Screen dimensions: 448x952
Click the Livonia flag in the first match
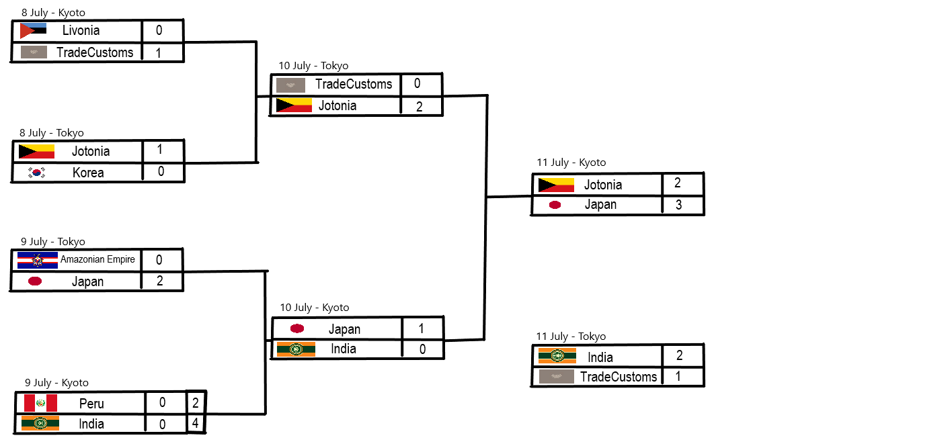click(33, 31)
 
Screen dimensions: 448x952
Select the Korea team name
click(88, 173)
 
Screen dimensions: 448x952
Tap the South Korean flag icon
click(36, 173)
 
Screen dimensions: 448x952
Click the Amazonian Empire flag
click(38, 260)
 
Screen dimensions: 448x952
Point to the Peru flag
click(40, 403)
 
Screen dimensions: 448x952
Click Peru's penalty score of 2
click(196, 403)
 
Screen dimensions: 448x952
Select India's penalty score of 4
click(196, 424)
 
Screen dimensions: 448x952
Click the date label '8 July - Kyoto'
click(53, 13)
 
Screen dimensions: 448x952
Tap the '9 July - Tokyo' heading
click(53, 242)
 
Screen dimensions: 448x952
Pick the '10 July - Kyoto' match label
click(315, 308)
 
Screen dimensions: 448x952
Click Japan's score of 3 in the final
click(678, 205)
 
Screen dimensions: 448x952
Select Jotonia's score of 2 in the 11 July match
click(678, 183)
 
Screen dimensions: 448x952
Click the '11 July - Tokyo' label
click(571, 337)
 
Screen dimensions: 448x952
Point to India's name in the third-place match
click(600, 357)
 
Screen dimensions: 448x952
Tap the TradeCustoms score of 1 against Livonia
click(158, 52)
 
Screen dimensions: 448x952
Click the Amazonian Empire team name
click(98, 259)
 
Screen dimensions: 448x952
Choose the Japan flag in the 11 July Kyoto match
click(555, 205)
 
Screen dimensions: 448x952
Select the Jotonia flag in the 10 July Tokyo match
click(294, 105)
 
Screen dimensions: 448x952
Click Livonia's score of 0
click(159, 30)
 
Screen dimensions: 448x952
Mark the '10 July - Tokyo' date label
click(313, 66)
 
